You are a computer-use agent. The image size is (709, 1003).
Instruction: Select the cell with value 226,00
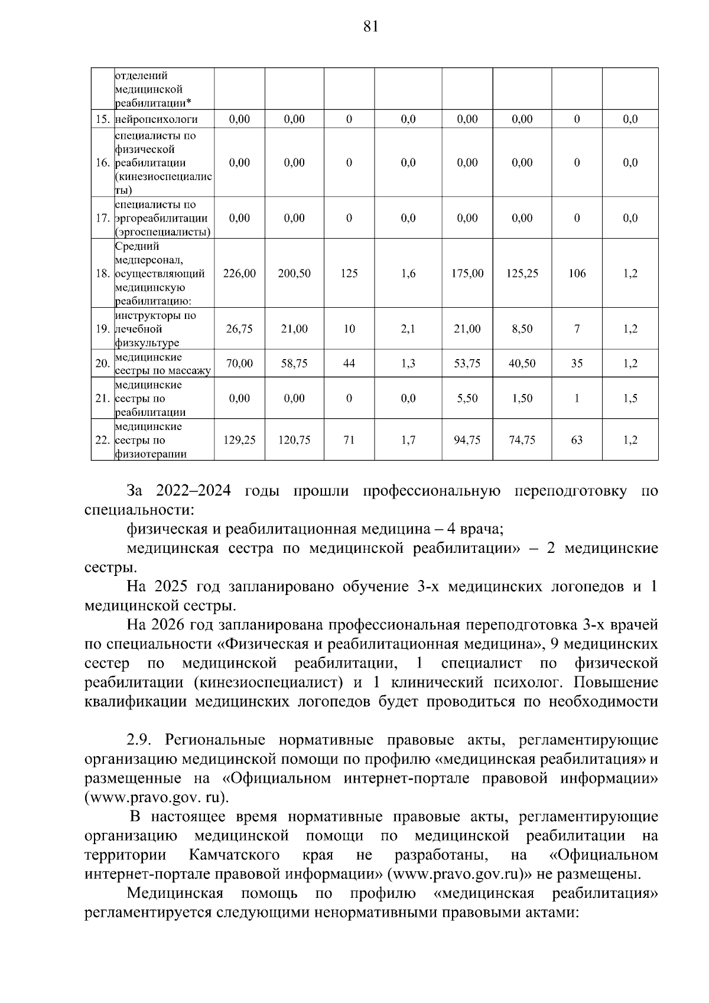click(239, 273)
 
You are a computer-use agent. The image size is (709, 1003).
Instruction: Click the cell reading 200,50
click(294, 273)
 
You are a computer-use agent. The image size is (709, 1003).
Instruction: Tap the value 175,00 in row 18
click(467, 273)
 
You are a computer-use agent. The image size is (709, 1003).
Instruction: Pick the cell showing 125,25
click(522, 273)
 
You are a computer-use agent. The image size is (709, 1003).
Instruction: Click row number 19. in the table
click(103, 329)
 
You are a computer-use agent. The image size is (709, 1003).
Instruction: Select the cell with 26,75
click(239, 329)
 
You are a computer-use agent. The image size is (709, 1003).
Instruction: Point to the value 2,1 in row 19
click(408, 329)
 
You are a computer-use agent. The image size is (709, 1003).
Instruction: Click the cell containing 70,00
click(239, 364)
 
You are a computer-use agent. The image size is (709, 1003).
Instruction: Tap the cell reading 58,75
click(294, 364)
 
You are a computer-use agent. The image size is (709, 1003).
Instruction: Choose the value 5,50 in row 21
click(467, 399)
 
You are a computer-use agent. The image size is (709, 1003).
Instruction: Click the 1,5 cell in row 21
click(630, 399)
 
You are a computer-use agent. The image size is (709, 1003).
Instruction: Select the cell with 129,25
click(239, 440)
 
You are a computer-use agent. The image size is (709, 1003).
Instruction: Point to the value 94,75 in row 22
click(467, 440)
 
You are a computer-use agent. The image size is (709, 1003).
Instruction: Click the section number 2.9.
click(139, 740)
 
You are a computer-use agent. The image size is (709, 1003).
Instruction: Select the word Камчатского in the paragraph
click(235, 856)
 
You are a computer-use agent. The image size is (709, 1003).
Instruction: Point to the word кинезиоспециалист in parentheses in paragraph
click(268, 683)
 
